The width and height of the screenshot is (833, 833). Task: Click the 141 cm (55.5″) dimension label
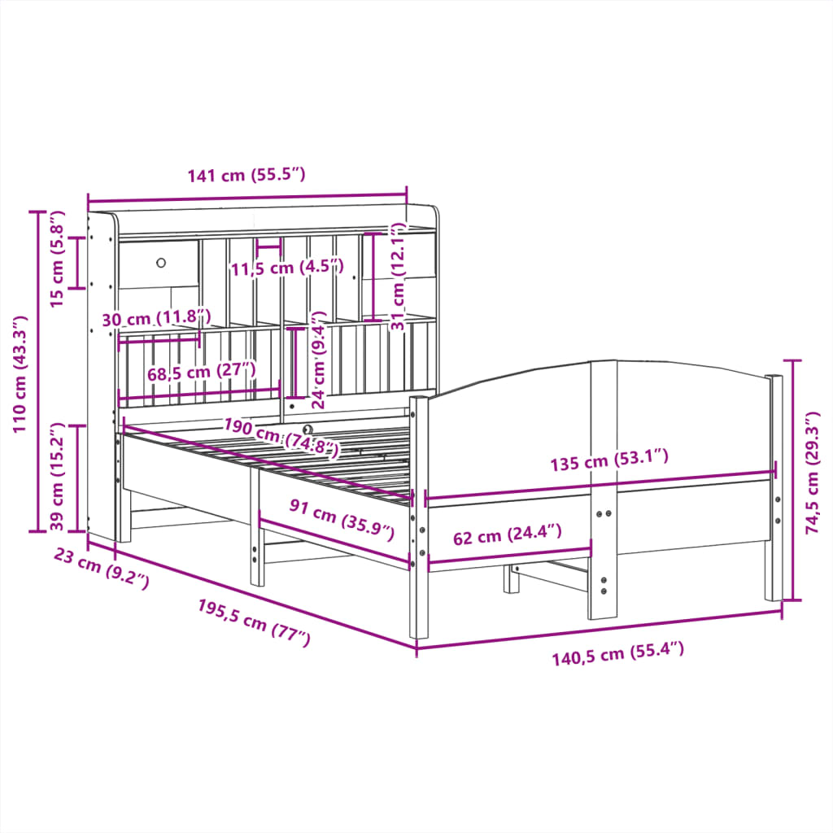[246, 176]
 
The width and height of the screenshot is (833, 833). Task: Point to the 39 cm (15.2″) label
[57, 477]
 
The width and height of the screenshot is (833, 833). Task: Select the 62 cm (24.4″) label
[508, 536]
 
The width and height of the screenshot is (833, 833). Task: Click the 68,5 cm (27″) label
[202, 372]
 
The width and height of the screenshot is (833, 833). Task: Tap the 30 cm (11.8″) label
[157, 318]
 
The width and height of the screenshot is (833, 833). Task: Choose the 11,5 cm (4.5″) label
[286, 268]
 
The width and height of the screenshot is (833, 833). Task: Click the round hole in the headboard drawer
[160, 262]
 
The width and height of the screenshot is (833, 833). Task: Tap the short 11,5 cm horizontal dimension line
[268, 244]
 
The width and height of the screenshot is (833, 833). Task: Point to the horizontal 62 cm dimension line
[509, 556]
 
